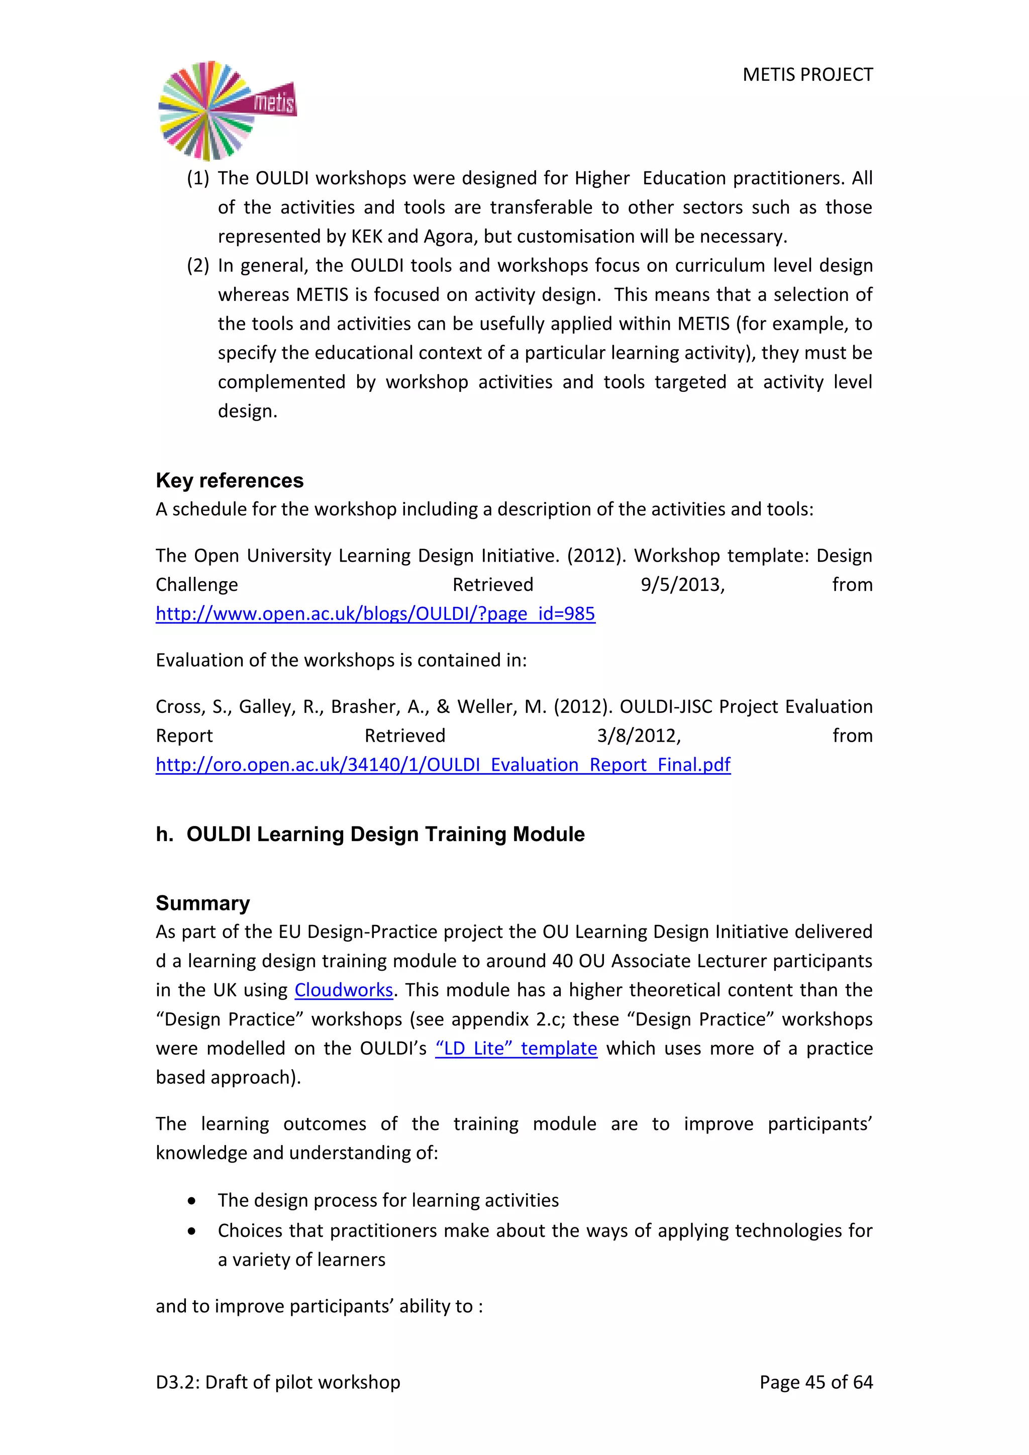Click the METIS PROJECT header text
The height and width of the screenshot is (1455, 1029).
tap(807, 75)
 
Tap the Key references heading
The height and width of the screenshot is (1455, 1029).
tap(230, 480)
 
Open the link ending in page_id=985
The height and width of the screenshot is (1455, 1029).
tap(375, 613)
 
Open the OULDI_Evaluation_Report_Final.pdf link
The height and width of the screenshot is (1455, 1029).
tap(443, 764)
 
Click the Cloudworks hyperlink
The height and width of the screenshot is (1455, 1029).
tap(344, 990)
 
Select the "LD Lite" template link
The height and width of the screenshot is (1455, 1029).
tap(516, 1048)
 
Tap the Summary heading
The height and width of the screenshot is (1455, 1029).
tap(203, 903)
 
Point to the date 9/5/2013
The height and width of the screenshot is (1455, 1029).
tap(682, 584)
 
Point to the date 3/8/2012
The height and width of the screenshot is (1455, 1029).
tap(639, 735)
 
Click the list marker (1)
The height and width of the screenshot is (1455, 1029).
tap(197, 178)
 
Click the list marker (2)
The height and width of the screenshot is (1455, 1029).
tap(197, 265)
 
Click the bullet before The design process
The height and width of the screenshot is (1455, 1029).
tap(191, 1201)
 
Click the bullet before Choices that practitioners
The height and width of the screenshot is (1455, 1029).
tap(191, 1230)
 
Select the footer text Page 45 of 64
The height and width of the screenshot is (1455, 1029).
tap(815, 1382)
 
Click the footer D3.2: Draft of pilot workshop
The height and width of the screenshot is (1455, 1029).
tap(277, 1382)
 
